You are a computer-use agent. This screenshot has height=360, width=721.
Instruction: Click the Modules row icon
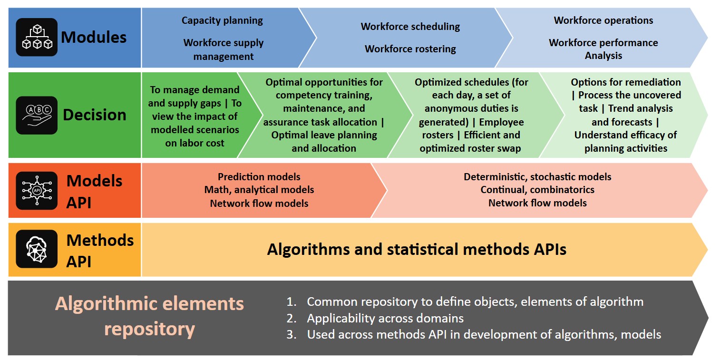37,37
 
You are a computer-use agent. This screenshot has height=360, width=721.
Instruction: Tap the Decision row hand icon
37,115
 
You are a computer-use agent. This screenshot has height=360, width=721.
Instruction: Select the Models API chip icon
37,191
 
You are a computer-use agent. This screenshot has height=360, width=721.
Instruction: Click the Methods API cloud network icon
37,249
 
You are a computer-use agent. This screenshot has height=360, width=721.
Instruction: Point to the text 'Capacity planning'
222,20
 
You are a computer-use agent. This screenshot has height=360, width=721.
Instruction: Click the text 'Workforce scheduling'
410,27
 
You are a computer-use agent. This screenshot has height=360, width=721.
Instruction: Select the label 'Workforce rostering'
410,49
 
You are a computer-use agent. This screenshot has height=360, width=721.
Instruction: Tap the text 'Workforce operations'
603,20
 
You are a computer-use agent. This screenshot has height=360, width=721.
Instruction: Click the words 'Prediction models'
259,177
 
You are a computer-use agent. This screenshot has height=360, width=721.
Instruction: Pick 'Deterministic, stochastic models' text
537,177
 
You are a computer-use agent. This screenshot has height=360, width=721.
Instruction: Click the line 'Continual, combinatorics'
537,190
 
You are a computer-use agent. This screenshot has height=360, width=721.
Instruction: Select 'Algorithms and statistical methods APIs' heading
417,249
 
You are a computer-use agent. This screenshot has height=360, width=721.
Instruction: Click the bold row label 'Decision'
95,115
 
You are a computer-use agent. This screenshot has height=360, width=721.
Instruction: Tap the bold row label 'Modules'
94,37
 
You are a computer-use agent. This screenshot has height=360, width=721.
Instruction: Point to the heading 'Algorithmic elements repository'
149,316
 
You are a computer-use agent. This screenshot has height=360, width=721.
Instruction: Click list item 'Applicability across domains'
385,318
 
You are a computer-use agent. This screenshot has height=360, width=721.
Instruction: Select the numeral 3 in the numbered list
291,335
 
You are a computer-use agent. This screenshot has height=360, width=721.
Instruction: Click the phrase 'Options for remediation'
626,82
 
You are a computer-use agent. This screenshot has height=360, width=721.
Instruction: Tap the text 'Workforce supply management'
223,49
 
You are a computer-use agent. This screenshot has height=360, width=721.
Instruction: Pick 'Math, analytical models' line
259,190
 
